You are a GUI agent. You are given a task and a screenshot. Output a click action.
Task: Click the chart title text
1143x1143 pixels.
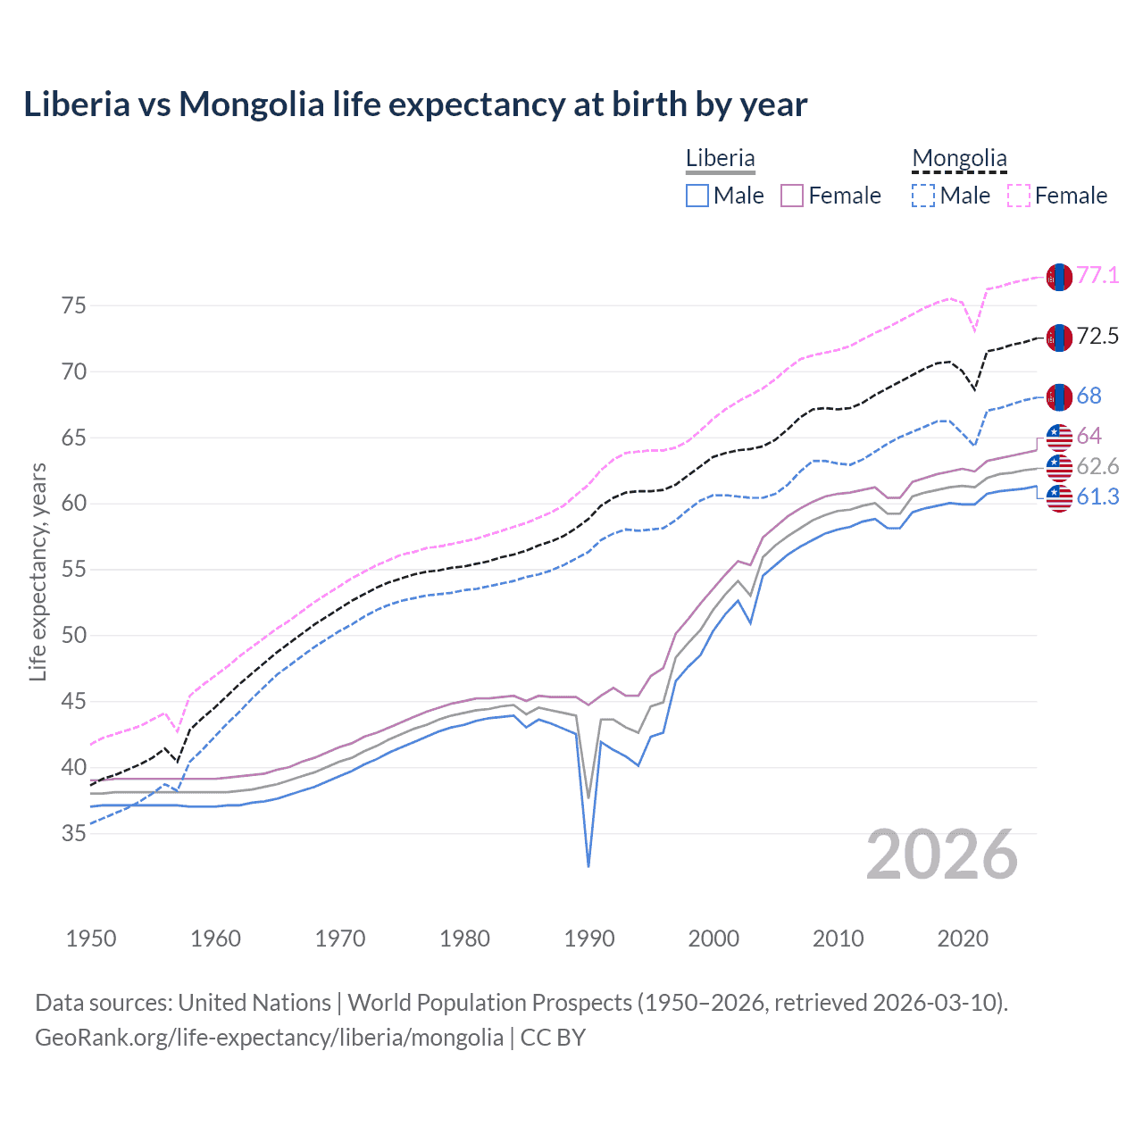[415, 104]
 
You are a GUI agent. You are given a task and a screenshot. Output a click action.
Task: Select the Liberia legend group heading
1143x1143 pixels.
[720, 158]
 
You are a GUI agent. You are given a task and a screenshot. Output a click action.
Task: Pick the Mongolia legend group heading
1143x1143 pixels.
[959, 159]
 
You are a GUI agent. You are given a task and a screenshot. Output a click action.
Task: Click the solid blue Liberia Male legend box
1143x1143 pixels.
[697, 196]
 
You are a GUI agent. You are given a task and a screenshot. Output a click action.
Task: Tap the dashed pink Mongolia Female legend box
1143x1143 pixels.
[1019, 196]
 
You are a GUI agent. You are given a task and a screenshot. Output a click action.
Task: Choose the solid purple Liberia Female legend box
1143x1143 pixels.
[792, 196]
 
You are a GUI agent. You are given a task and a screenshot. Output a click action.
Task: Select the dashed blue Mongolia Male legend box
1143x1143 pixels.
[923, 196]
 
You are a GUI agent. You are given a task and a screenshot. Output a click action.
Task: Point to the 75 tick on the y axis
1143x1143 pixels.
[74, 305]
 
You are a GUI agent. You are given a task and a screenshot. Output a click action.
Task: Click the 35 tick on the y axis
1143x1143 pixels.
[74, 833]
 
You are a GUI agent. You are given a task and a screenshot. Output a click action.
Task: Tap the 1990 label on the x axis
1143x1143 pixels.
[589, 939]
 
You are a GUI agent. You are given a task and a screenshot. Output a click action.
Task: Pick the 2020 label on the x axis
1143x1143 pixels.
[963, 939]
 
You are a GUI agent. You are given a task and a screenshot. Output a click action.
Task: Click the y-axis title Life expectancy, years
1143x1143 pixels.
[38, 571]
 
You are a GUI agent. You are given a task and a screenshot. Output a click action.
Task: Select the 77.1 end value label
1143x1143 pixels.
[1097, 275]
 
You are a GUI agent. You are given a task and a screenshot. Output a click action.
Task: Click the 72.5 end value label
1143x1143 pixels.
[1097, 336]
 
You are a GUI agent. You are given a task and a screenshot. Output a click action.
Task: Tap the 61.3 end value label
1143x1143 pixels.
[1097, 496]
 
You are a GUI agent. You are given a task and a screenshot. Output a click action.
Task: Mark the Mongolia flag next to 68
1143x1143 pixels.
[1059, 396]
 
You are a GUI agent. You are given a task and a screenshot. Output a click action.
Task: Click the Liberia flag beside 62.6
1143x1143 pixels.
[1059, 467]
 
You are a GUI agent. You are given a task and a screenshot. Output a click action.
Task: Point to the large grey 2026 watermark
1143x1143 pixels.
[942, 855]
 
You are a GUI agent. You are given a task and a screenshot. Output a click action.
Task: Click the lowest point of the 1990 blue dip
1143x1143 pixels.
[588, 866]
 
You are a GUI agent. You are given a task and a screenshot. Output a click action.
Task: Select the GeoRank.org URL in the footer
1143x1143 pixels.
[269, 1037]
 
